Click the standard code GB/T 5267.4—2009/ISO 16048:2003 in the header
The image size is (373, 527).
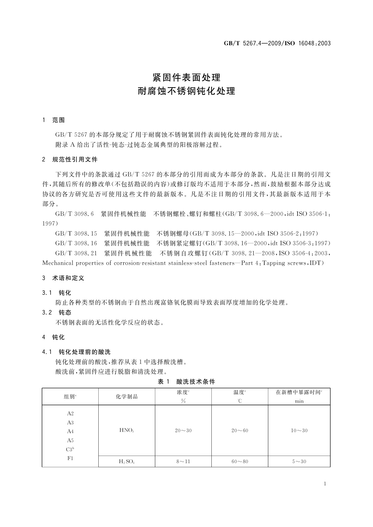[277, 43]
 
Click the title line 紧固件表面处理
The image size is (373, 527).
[186, 77]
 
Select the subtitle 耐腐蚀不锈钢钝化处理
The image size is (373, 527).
[186, 91]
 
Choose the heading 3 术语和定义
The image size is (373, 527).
[63, 278]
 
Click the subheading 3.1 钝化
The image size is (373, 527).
[57, 293]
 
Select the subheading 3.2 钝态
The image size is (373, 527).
[57, 312]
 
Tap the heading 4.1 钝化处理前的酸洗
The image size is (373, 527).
[76, 352]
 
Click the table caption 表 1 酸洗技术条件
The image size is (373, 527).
[186, 381]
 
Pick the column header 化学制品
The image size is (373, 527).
[127, 397]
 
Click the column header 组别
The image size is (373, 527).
[70, 397]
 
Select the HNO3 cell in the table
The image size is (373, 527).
[127, 430]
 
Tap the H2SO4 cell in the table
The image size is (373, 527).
[127, 461]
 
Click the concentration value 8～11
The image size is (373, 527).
[183, 461]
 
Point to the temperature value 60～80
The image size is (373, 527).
[240, 461]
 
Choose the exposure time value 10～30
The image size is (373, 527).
[299, 430]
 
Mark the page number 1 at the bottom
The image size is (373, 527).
[325, 484]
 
